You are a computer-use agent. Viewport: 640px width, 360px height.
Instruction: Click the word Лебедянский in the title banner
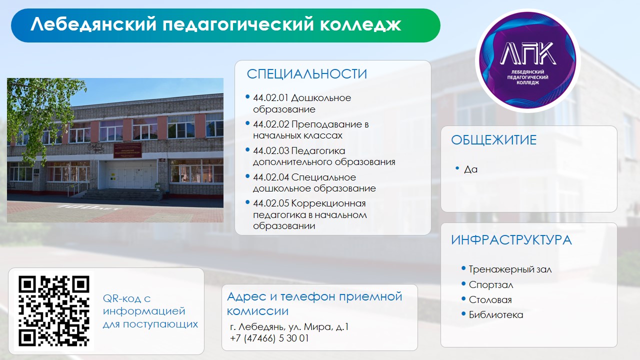(x=93, y=24)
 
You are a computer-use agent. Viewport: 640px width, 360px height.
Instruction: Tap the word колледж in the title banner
(x=360, y=24)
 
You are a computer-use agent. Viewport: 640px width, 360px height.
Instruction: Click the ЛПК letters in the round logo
(x=528, y=53)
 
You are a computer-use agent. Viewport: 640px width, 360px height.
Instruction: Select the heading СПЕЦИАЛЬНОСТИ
(x=306, y=74)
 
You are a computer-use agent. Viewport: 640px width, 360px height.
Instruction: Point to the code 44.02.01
(x=270, y=98)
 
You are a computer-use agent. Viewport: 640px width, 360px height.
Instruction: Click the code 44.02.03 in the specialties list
(x=271, y=151)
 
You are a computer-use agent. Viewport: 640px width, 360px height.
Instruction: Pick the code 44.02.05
(x=271, y=203)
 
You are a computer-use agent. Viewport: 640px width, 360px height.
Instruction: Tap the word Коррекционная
(x=328, y=204)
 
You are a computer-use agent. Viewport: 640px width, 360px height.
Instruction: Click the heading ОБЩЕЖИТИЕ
(x=493, y=140)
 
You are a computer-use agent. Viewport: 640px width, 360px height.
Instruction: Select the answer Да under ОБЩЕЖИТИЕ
(x=470, y=169)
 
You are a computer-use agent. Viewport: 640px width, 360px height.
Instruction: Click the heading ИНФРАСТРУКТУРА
(x=511, y=240)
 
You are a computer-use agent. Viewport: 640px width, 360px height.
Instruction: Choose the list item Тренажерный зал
(x=510, y=269)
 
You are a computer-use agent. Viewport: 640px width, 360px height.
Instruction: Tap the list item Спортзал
(x=491, y=285)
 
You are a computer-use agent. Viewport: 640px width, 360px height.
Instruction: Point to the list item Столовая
(x=490, y=299)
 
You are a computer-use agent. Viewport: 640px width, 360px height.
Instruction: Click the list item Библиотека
(x=496, y=315)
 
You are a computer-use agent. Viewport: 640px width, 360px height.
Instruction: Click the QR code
(x=54, y=311)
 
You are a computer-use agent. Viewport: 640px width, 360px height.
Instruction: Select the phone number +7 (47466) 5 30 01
(x=269, y=338)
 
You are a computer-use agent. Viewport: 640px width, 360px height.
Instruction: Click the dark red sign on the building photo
(x=127, y=150)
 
